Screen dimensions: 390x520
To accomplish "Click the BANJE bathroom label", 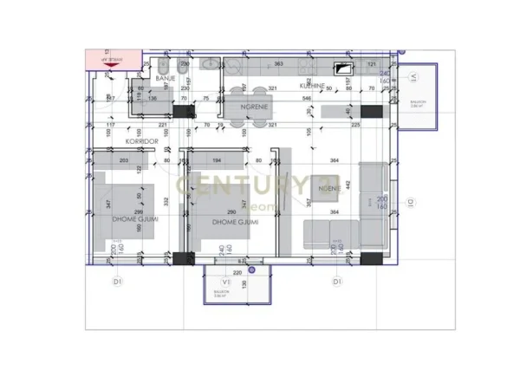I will pyautogui.click(x=166, y=79).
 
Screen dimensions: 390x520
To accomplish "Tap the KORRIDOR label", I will pyautogui.click(x=144, y=140).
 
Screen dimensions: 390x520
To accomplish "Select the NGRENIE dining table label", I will pyautogui.click(x=258, y=107).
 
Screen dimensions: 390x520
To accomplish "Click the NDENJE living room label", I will pyautogui.click(x=328, y=188).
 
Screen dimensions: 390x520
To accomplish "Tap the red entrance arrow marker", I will pyautogui.click(x=108, y=61).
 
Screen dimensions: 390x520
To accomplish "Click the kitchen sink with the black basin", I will pyautogui.click(x=345, y=71).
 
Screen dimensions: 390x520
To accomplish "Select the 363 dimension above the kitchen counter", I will pyautogui.click(x=279, y=65).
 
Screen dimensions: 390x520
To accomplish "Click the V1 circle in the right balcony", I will pyautogui.click(x=414, y=77).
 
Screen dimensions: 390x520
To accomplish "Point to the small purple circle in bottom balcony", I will pyautogui.click(x=251, y=271).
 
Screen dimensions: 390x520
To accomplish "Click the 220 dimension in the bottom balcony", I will pyautogui.click(x=237, y=273).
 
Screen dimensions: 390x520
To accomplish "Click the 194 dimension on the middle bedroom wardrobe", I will pyautogui.click(x=217, y=161).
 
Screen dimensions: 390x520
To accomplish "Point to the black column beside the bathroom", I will pyautogui.click(x=184, y=111).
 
